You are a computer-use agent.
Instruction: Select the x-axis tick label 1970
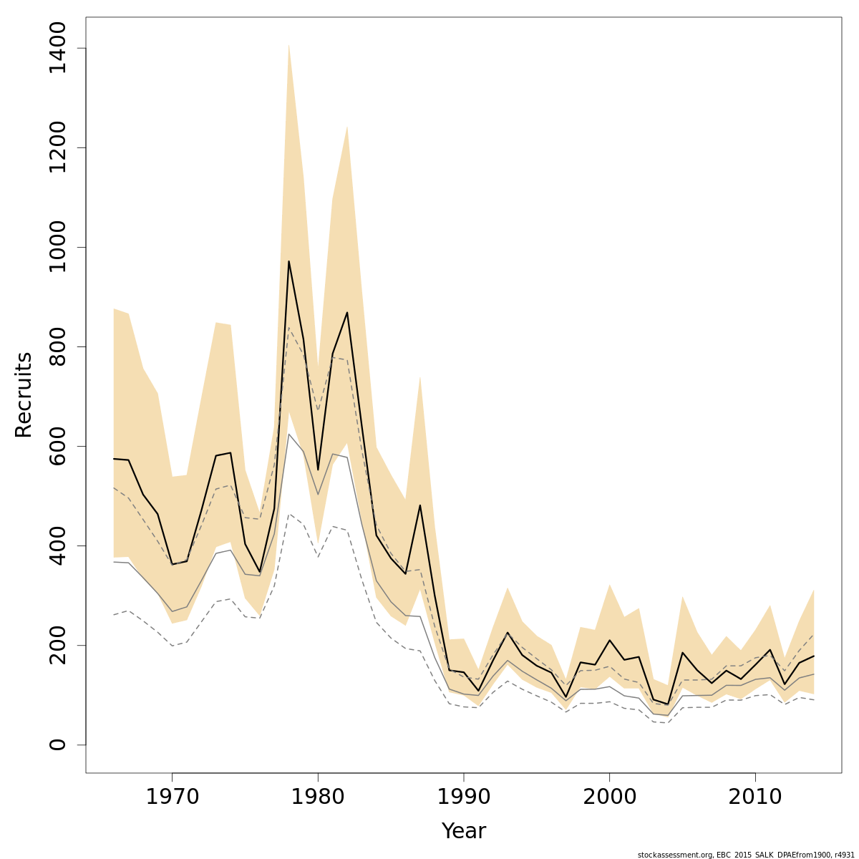click(172, 797)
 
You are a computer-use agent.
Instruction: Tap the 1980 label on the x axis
click(318, 797)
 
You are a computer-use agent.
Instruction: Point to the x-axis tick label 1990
click(464, 797)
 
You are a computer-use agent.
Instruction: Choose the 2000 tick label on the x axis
click(609, 797)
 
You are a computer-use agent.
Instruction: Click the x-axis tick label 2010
click(755, 797)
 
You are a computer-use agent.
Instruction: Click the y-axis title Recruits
click(24, 394)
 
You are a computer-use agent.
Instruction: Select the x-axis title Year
click(463, 831)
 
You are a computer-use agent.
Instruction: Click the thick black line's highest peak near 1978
click(288, 261)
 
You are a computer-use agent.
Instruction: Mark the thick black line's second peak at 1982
click(347, 312)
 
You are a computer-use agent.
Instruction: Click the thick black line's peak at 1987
click(420, 505)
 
